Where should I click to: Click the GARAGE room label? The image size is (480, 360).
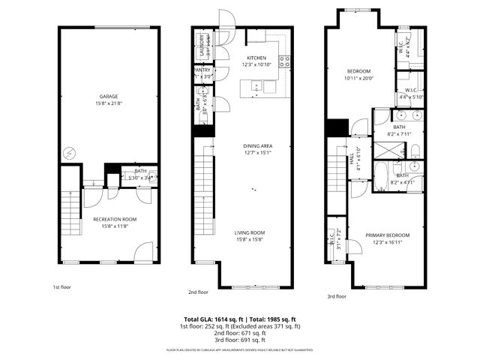click(109, 97)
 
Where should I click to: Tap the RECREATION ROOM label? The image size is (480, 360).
click(110, 220)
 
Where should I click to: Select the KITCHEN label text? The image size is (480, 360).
click(256, 58)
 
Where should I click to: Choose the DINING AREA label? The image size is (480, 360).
click(256, 145)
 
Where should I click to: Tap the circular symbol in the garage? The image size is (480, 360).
click(70, 152)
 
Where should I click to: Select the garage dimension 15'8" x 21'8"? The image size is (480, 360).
click(109, 103)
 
